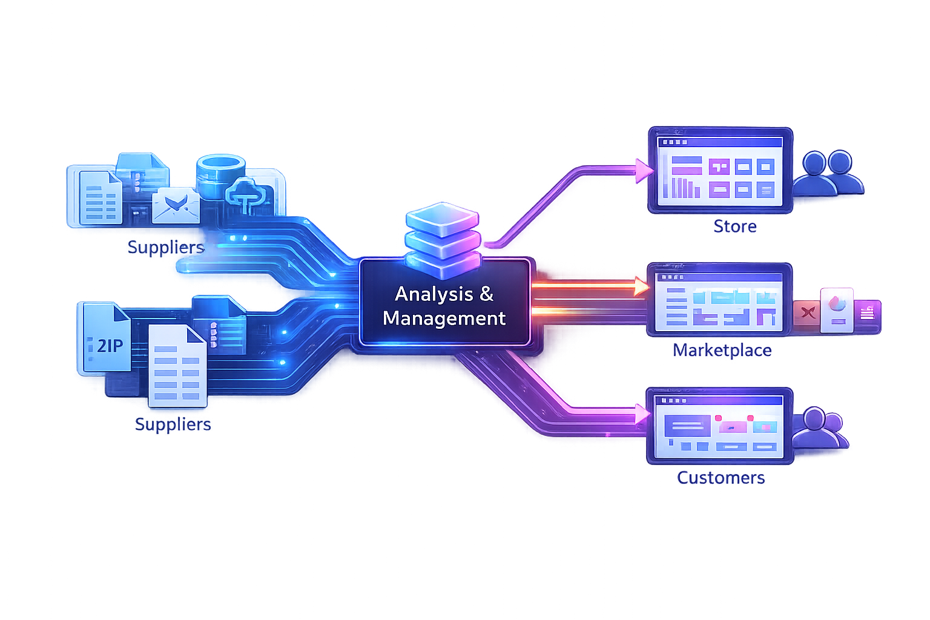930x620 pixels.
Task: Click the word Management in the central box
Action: (x=444, y=318)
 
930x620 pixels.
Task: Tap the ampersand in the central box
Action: (x=486, y=294)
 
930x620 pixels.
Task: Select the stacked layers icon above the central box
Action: (x=443, y=237)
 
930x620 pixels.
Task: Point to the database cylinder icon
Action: (x=221, y=176)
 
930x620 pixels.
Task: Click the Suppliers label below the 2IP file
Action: (x=173, y=424)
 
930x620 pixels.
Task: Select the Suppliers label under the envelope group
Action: (x=166, y=247)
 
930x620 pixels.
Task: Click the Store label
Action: (x=734, y=226)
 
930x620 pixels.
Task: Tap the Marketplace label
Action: (x=722, y=351)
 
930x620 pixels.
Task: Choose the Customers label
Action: (x=721, y=478)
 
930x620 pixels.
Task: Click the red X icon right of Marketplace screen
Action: (x=806, y=312)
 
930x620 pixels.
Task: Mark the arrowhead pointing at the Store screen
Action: (x=643, y=171)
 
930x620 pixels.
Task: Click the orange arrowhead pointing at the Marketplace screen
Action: (x=641, y=286)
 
